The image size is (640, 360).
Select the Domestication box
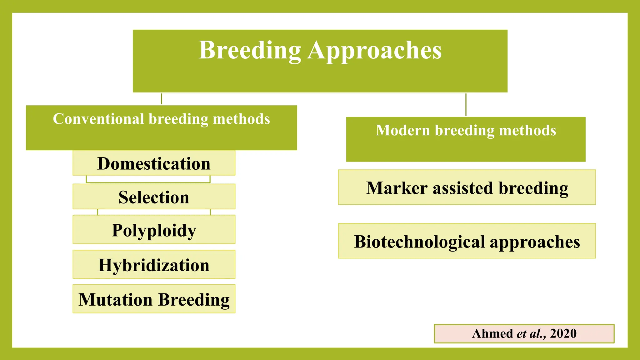(154, 163)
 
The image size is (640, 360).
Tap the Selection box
(154, 197)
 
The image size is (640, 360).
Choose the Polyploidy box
(154, 230)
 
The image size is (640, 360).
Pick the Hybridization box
(154, 265)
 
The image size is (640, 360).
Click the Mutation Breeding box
(154, 299)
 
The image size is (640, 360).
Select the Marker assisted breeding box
(467, 188)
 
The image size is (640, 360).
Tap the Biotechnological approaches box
(467, 242)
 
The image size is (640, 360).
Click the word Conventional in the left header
(98, 119)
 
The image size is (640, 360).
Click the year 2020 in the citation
(563, 333)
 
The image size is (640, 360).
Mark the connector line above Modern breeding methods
(466, 105)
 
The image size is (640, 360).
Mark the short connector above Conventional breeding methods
(161, 99)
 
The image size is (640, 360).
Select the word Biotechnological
(420, 242)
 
